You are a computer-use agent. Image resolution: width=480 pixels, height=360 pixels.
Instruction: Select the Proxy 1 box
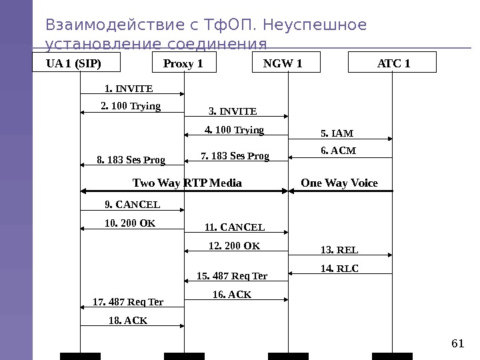click(x=183, y=64)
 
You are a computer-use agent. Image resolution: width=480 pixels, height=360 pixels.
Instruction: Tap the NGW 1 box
click(x=287, y=64)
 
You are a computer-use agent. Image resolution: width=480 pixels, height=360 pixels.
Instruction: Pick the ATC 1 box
click(x=393, y=64)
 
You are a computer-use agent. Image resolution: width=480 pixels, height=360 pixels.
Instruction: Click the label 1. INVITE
click(x=129, y=88)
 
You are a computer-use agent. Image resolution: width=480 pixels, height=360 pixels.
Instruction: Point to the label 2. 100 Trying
click(x=131, y=106)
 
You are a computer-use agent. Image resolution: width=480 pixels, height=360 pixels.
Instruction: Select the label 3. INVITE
click(x=233, y=111)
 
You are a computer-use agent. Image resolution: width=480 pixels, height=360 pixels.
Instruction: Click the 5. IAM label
click(x=337, y=133)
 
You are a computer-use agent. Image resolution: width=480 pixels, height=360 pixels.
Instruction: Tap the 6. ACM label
click(x=339, y=151)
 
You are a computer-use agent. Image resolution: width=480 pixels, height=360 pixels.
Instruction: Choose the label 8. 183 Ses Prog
click(x=131, y=160)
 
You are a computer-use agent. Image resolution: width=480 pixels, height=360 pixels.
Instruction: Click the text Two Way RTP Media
click(x=187, y=183)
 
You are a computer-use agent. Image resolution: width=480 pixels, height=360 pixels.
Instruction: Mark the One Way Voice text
click(x=339, y=183)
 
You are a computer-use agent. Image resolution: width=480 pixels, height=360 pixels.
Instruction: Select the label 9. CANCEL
click(x=133, y=205)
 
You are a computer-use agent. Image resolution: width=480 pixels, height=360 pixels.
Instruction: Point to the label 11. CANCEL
click(x=235, y=227)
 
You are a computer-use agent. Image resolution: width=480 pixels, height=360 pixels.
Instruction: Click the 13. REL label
click(x=339, y=250)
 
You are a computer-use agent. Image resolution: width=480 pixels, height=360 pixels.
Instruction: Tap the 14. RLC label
click(x=339, y=269)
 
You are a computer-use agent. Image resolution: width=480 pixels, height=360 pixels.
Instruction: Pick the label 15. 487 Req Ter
click(x=232, y=276)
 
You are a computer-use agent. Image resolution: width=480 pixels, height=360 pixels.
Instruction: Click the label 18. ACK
click(x=128, y=321)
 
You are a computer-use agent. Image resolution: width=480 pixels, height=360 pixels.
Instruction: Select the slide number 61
click(x=457, y=343)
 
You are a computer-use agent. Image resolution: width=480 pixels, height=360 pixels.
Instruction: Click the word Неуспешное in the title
click(x=315, y=25)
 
